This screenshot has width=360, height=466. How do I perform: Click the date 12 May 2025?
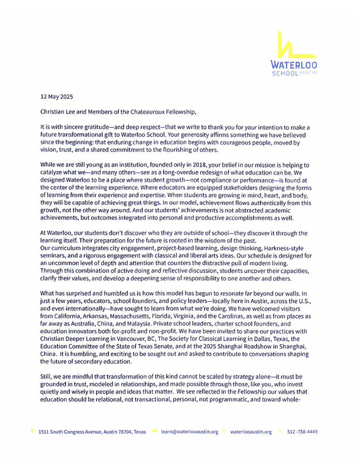[x=56, y=97]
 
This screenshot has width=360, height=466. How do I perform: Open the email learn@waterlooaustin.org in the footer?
[x=190, y=432]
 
